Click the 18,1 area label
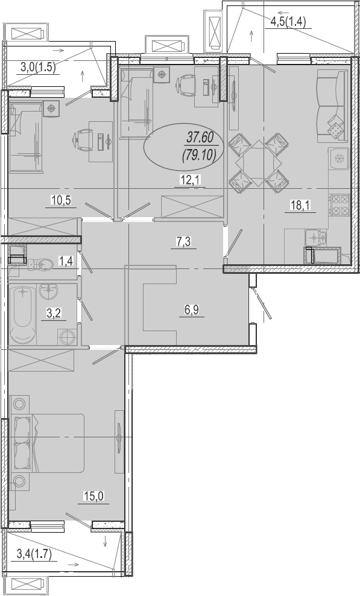tap(300, 205)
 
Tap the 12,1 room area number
tap(190, 180)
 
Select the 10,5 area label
tap(61, 200)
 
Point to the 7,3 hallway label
tap(183, 241)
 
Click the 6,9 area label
tap(192, 309)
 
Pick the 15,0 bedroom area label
tap(93, 496)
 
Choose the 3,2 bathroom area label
tap(54, 313)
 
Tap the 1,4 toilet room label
tap(65, 261)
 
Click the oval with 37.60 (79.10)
tap(183, 146)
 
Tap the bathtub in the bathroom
tap(23, 314)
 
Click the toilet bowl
tap(40, 264)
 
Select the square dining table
tap(259, 163)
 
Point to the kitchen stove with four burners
tap(340, 205)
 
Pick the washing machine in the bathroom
tap(68, 337)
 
